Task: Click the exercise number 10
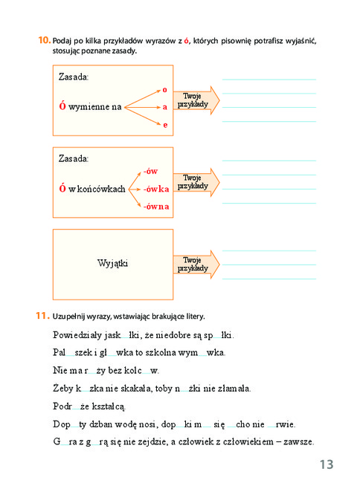(x=45, y=40)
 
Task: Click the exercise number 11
(x=42, y=316)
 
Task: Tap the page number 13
(x=327, y=464)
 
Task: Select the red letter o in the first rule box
(x=164, y=90)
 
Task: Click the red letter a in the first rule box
(x=165, y=107)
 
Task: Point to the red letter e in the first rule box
(x=166, y=125)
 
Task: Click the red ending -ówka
(x=156, y=189)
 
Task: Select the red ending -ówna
(x=156, y=207)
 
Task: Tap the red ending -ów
(x=150, y=171)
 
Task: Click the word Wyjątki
(x=112, y=264)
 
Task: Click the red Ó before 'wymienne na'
(x=62, y=106)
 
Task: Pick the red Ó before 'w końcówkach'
(x=62, y=187)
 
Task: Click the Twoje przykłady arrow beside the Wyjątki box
(x=196, y=265)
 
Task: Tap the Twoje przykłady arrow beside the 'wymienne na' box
(x=196, y=100)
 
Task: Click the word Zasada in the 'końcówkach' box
(x=74, y=158)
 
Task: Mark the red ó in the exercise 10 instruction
(x=186, y=41)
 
